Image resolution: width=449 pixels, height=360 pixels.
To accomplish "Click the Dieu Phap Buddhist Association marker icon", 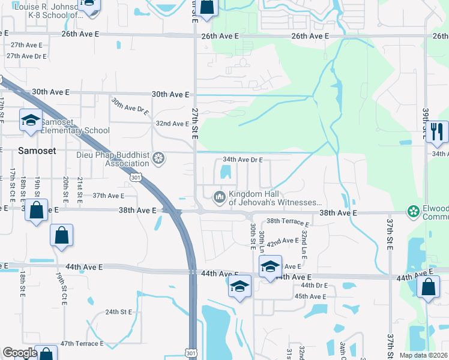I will coord(158,158).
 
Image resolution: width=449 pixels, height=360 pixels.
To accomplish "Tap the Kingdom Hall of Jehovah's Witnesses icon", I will coord(220,196).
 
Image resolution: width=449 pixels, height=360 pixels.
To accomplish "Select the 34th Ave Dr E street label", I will coord(243,160).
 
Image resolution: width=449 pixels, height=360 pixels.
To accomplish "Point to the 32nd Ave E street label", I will coord(172,124).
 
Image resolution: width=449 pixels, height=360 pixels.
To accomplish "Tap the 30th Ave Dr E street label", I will coord(130,106).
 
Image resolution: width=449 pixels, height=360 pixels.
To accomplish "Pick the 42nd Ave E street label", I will coord(283,241).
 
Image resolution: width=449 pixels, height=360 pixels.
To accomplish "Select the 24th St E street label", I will coord(118,312).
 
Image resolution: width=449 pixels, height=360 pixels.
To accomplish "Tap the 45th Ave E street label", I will coord(310,296).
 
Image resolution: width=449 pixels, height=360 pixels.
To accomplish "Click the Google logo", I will coord(20,353).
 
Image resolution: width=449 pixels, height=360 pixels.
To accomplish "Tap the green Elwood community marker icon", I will coord(413,211).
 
